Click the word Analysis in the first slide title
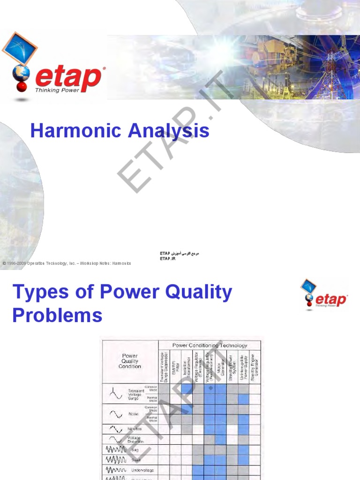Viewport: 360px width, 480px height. (165, 131)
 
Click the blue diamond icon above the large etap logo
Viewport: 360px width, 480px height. (19, 48)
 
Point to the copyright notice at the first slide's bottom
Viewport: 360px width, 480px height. (67, 263)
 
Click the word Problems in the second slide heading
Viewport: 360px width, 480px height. (57, 315)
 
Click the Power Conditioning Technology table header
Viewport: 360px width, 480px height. (210, 345)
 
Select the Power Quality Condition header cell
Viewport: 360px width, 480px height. (130, 361)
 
